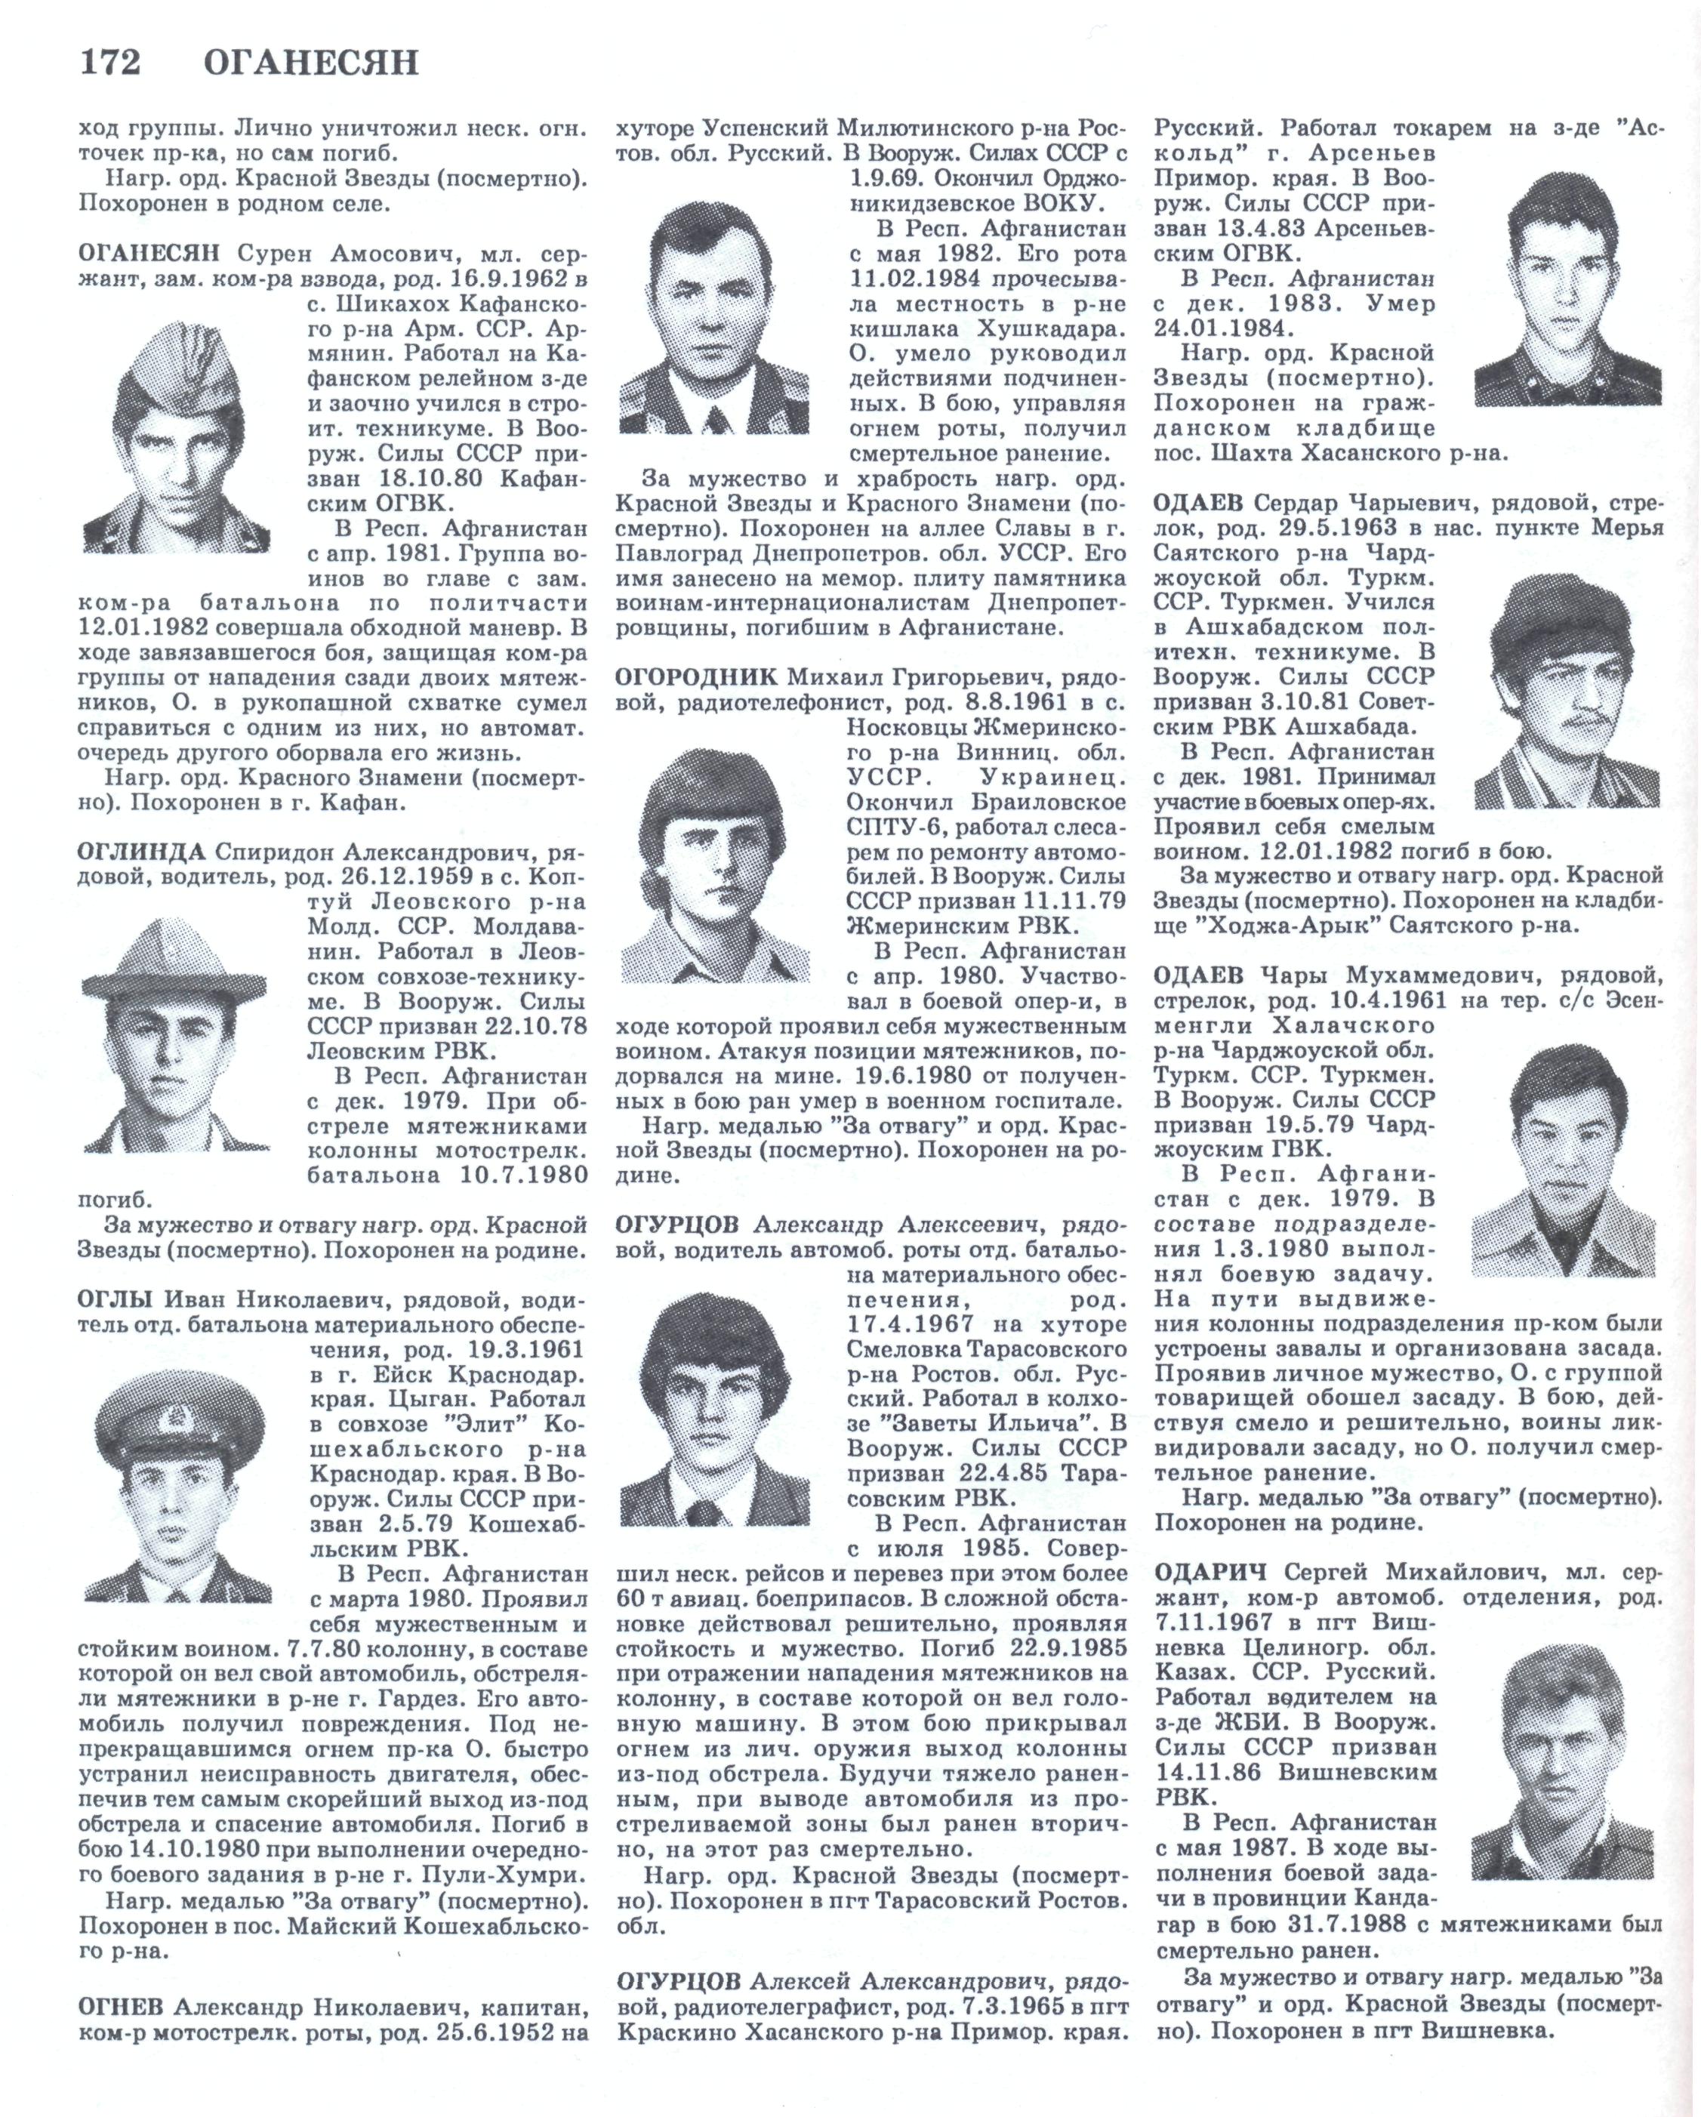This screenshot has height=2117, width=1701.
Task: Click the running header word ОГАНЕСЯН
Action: click(310, 63)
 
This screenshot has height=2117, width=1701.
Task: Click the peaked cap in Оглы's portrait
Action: click(179, 1423)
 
